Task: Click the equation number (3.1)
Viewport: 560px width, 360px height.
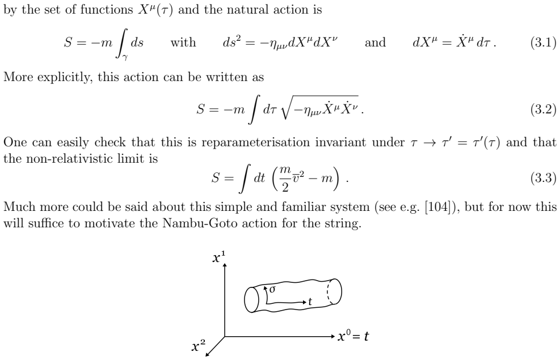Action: pos(543,43)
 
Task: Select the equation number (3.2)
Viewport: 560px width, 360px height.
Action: pos(543,109)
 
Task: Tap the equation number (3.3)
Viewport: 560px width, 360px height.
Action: pos(543,177)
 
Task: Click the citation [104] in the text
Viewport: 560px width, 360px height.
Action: pos(439,207)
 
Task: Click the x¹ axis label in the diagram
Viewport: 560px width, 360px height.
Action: pos(218,257)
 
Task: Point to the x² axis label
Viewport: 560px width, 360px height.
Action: pos(199,346)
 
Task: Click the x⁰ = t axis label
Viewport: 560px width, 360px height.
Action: pos(353,336)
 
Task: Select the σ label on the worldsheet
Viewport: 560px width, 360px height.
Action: pos(272,289)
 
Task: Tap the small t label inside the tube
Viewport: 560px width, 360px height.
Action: pos(310,302)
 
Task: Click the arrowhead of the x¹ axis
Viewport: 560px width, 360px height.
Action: pos(225,266)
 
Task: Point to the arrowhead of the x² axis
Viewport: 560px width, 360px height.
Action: pos(208,354)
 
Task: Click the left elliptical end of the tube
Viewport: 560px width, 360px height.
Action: pos(251,300)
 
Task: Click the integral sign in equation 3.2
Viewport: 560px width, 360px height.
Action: pos(254,109)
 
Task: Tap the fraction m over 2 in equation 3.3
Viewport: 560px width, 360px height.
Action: pos(285,178)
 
